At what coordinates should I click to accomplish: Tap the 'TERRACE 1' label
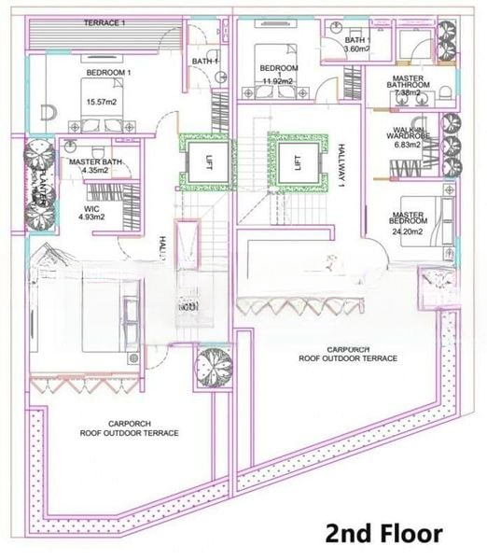[x=104, y=22]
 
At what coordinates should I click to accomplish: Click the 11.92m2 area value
[x=278, y=81]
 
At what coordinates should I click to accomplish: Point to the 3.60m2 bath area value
[x=357, y=49]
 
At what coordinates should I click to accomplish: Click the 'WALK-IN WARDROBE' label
[x=410, y=133]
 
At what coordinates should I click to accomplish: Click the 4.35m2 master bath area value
[x=95, y=172]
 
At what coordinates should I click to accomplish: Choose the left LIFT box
[x=204, y=161]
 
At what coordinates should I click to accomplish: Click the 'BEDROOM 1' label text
[x=109, y=72]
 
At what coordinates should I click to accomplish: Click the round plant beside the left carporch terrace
[x=212, y=366]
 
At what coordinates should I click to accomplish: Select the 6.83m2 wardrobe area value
[x=410, y=146]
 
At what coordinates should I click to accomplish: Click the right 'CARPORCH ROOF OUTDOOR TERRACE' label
[x=348, y=353]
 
